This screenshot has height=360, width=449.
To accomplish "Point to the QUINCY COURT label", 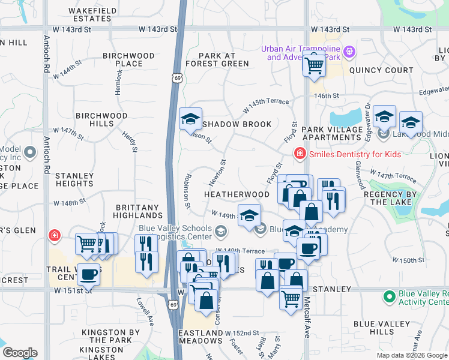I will click(381, 70).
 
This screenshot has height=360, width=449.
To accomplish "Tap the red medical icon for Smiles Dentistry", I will click(299, 154).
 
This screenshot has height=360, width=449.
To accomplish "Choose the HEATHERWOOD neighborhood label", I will click(237, 194).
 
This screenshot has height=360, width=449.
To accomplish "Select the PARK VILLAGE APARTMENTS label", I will click(340, 133).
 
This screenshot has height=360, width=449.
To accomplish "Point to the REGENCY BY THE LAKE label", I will click(394, 199).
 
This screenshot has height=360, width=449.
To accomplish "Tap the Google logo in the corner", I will click(20, 353).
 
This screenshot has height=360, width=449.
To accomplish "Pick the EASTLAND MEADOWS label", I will click(200, 337).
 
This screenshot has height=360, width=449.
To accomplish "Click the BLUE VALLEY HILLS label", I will click(382, 328).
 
